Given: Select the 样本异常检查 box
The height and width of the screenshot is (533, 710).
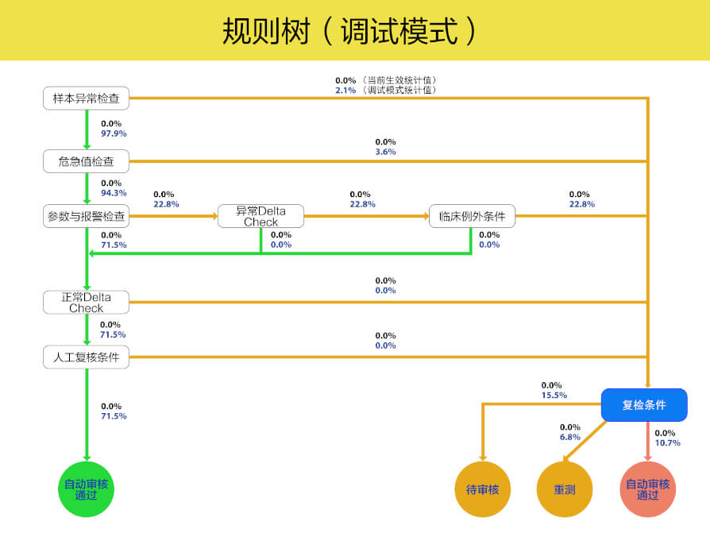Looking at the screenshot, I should click(86, 98).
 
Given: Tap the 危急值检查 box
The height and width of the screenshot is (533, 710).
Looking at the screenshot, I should click(86, 162).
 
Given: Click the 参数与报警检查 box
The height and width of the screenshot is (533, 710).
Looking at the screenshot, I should click(86, 216).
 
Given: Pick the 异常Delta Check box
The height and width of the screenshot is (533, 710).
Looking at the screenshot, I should click(260, 216).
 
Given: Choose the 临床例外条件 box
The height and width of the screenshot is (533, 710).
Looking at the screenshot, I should click(472, 216).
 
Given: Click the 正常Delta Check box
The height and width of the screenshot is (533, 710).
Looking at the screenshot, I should click(86, 302).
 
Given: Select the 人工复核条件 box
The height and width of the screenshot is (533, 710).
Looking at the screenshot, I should click(86, 357).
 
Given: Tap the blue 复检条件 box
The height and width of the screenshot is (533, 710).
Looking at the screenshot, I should click(644, 405).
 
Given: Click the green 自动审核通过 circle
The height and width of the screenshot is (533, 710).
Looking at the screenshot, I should click(86, 489).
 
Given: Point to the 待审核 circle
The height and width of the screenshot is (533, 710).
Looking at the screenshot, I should click(482, 489).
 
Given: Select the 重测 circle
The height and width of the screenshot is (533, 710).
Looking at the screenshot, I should click(565, 489).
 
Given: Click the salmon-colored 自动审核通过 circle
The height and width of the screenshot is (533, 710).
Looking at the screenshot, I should click(647, 489).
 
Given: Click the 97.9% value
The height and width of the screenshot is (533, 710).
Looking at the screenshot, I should click(114, 133).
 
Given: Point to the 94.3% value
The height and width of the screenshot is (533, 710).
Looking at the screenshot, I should click(114, 193).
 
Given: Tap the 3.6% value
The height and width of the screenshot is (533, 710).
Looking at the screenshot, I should click(385, 152).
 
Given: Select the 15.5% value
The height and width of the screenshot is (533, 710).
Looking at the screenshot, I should click(554, 395).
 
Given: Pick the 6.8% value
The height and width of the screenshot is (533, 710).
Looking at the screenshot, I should click(570, 437).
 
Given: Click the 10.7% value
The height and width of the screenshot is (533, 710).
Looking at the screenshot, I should click(667, 442).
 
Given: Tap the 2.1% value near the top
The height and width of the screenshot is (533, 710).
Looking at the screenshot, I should click(345, 90).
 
